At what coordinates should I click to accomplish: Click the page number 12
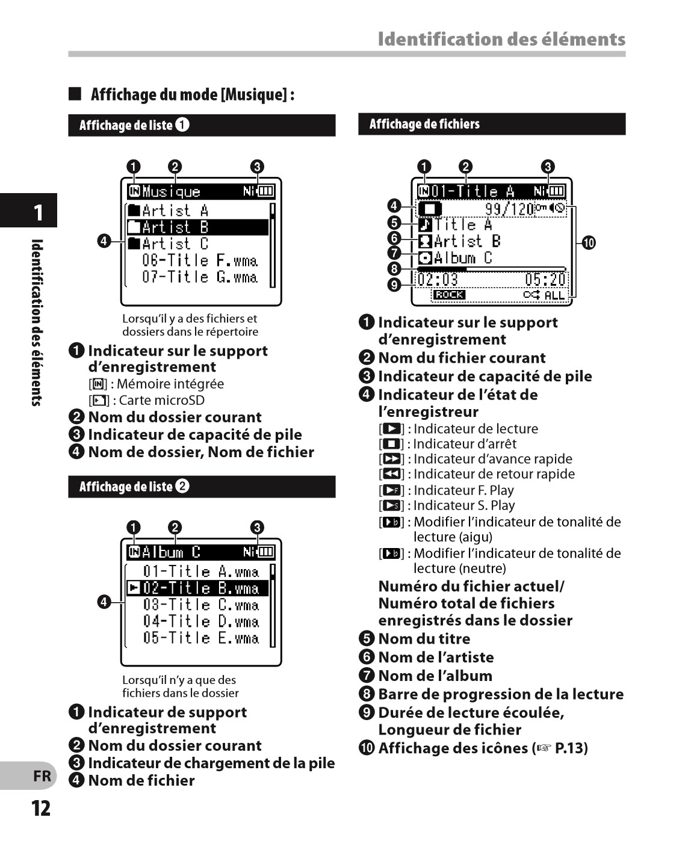tap(41, 808)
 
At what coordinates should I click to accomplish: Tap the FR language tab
tap(42, 776)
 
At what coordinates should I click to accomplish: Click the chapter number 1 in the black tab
tap(38, 212)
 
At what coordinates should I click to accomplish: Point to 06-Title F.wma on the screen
tap(200, 260)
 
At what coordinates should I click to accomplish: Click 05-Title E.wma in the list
tap(200, 638)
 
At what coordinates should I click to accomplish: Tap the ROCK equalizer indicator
tap(449, 295)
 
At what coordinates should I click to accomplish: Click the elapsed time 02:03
tap(438, 280)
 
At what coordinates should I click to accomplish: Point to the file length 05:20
tap(545, 280)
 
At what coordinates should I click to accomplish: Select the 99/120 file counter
tap(509, 209)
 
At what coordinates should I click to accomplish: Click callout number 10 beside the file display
tap(588, 243)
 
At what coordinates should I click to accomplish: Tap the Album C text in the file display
tap(463, 258)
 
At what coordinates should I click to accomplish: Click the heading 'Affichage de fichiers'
tap(424, 124)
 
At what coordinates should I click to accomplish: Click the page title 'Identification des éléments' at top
tap(501, 39)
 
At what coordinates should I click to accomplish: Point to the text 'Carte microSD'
tap(162, 400)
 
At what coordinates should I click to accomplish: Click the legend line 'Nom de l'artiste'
tap(436, 657)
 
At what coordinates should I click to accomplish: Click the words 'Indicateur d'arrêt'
tap(465, 444)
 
